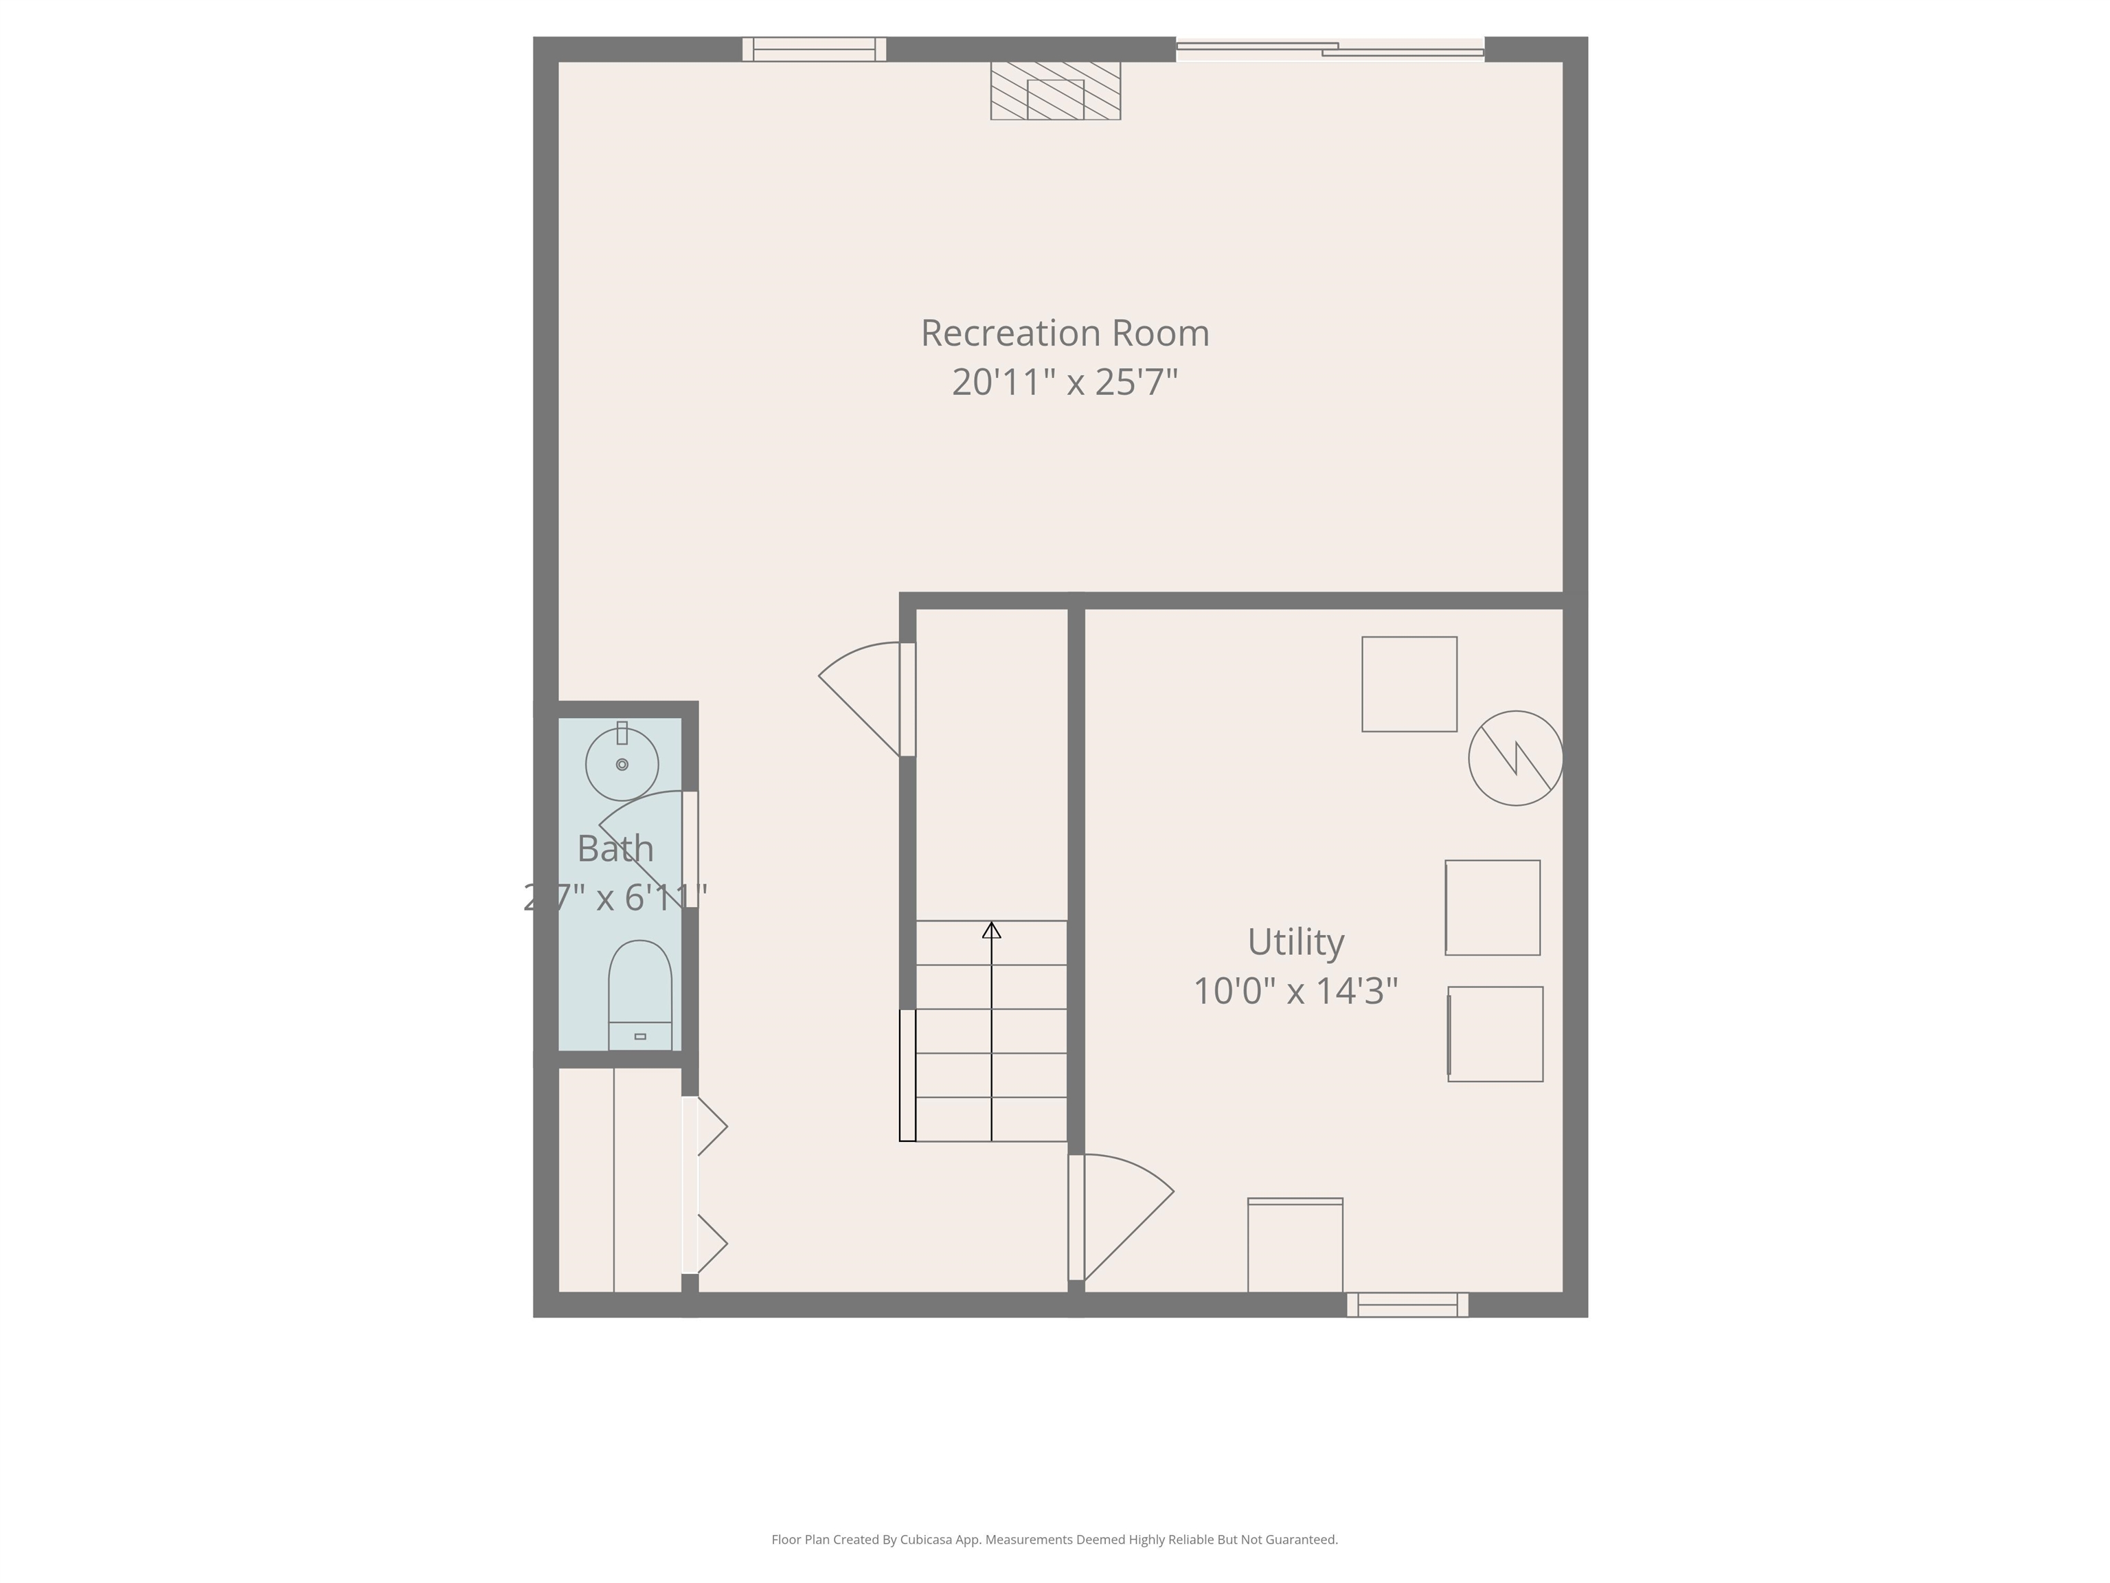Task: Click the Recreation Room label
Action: (x=1065, y=333)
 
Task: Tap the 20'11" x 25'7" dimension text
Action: (x=1065, y=383)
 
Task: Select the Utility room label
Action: (x=1295, y=942)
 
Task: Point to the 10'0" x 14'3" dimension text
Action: (x=1295, y=991)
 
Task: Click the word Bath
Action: (x=615, y=849)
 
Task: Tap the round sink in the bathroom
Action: (x=622, y=764)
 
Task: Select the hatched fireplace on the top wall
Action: (x=1055, y=91)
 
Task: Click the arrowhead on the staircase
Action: (x=991, y=930)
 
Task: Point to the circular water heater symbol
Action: (x=1515, y=759)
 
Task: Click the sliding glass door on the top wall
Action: (x=1330, y=49)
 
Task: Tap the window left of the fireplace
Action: (x=814, y=49)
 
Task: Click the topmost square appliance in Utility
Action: (x=1409, y=684)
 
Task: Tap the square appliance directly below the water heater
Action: (x=1492, y=908)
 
